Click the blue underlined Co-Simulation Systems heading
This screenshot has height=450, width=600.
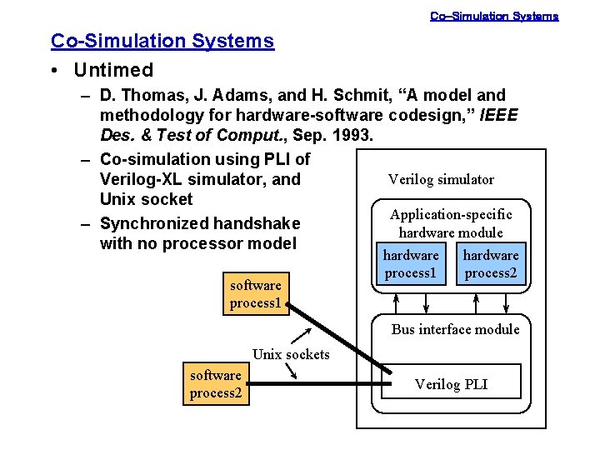pos(162,41)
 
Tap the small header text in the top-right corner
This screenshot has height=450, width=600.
pos(493,16)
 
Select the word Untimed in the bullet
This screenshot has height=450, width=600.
pos(113,70)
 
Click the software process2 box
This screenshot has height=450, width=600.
pos(216,384)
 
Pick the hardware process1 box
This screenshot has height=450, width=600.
pos(410,264)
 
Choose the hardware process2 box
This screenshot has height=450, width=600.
pos(491,264)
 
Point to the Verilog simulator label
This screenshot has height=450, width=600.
pos(441,179)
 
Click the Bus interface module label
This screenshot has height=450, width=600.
pos(455,329)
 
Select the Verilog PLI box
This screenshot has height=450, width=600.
pos(451,384)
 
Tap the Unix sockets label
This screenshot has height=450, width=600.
pos(291,354)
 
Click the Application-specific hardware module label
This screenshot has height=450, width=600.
pos(451,223)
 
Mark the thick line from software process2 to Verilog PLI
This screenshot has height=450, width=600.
pos(317,384)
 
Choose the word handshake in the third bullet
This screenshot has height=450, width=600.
pos(257,223)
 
